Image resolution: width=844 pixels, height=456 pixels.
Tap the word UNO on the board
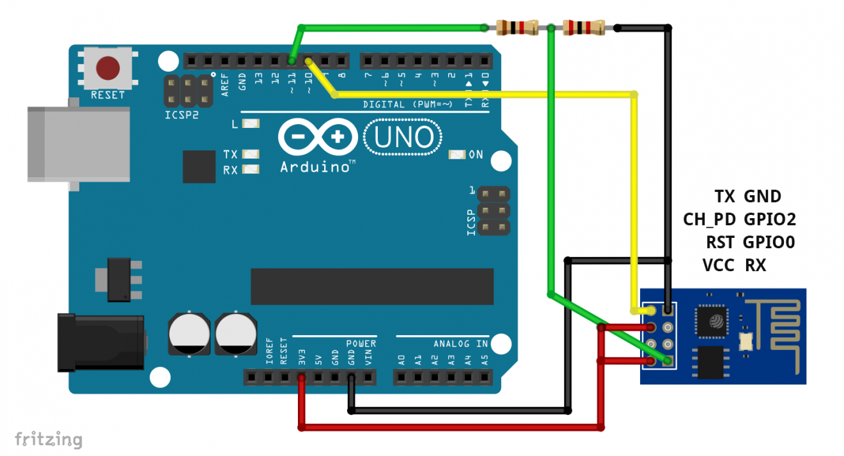403,137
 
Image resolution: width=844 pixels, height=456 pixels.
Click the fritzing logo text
49,440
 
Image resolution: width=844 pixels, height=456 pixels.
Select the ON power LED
457,154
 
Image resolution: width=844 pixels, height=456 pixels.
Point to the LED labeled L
251,124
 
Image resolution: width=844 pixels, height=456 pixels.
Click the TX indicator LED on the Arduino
251,154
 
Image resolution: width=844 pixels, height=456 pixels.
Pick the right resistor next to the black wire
582,28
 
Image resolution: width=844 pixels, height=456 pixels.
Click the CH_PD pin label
710,219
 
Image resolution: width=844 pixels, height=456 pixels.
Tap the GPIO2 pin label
770,219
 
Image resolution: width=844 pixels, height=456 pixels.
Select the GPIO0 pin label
770,242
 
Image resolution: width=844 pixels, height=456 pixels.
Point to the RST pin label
720,242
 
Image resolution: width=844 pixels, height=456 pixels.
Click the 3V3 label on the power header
302,357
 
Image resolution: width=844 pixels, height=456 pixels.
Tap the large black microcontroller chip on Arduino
371,287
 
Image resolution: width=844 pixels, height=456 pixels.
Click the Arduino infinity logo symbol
318,137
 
